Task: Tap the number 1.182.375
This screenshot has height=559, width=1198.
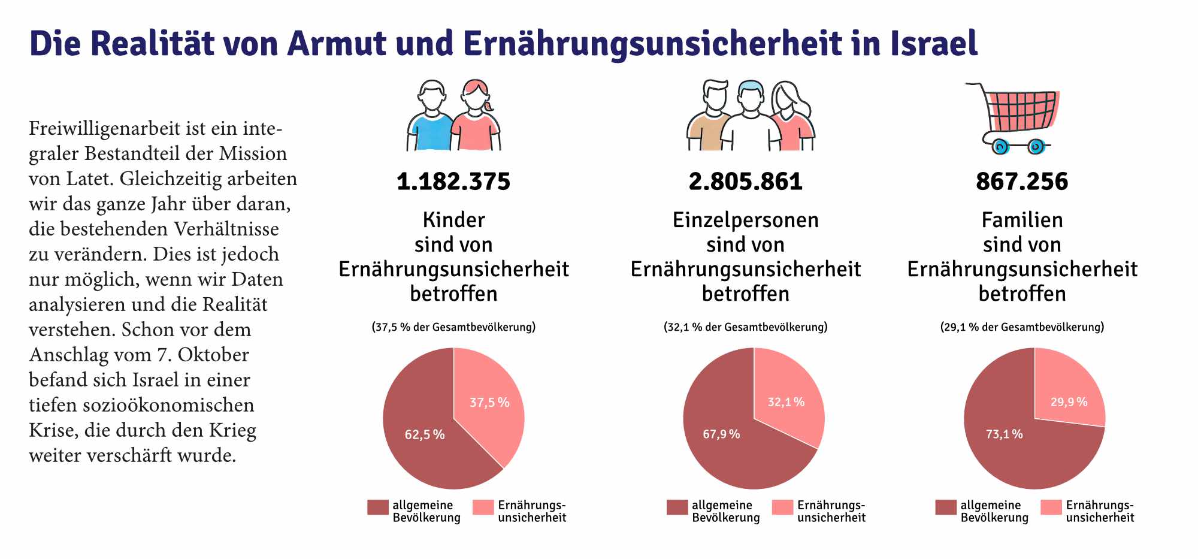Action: pos(453,182)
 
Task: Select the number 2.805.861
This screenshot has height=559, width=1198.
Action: pos(745,182)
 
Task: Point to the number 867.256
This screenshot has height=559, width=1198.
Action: pos(1022,182)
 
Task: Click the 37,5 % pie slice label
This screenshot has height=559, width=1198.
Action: pos(489,403)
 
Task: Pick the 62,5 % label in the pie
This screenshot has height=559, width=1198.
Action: pos(425,434)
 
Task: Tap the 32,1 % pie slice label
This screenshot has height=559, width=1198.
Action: pos(786,402)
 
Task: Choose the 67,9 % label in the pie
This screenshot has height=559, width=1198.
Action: pos(721,434)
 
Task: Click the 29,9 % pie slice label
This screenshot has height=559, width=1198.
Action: pos(1069,402)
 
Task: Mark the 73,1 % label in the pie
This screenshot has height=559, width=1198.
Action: pos(1004,434)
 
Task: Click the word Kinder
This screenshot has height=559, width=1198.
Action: pos(453,220)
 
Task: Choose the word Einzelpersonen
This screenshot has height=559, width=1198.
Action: pos(745,220)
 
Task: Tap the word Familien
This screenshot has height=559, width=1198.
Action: pos(1022,220)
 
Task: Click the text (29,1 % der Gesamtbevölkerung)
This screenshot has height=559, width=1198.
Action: pos(1022,327)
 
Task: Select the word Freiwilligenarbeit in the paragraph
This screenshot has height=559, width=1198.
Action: pos(104,129)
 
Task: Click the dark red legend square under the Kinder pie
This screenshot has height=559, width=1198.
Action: pos(377,507)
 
